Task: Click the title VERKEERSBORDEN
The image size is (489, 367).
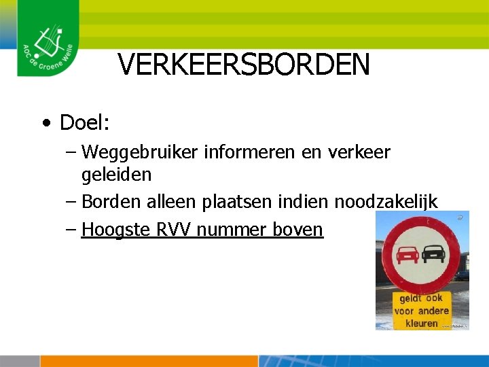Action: coord(244,65)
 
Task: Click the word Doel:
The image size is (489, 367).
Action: coord(85,123)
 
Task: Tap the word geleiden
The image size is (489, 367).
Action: coord(116,175)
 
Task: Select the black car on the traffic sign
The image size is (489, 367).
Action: coord(433,254)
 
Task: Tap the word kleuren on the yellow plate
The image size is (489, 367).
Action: coord(421,323)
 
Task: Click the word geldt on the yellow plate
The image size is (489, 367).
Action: coord(410,298)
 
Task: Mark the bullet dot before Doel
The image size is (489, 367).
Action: coord(45,124)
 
